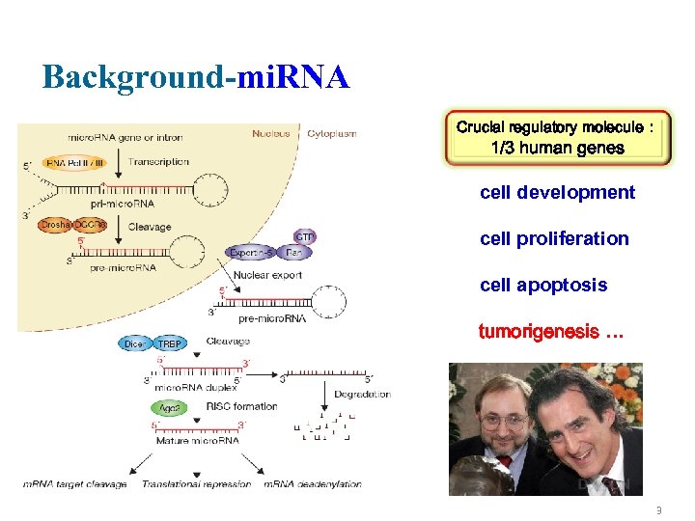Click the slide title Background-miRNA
point(195,77)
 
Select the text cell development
point(557,192)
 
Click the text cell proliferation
point(553,238)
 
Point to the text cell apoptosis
point(543,285)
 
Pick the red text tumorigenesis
point(551,332)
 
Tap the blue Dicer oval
point(135,343)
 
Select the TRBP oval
point(170,343)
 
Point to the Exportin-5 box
point(252,253)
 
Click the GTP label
point(305,236)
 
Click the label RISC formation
point(241,406)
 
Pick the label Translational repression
point(196,484)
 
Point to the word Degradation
point(362,394)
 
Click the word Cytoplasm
point(331,133)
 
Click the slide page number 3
point(657,508)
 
